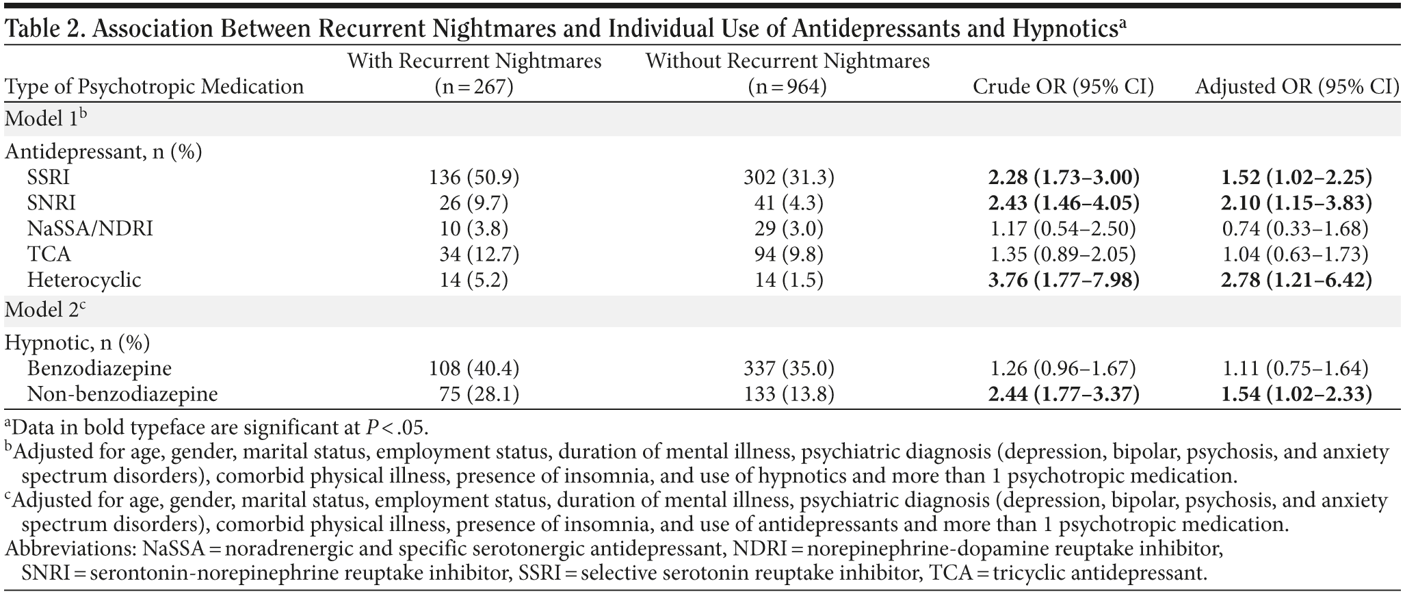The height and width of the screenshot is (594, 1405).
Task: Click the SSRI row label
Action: (x=49, y=178)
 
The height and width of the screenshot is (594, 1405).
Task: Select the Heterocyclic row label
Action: (x=84, y=280)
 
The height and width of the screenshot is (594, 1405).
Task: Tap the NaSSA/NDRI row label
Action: (x=90, y=229)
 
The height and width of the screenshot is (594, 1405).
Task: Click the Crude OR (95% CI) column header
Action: (x=1063, y=87)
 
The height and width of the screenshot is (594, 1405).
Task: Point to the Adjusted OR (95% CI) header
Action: (x=1296, y=87)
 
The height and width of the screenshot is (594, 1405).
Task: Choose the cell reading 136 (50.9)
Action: (x=474, y=178)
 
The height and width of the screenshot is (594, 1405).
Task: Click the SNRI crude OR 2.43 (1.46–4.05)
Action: (x=1063, y=203)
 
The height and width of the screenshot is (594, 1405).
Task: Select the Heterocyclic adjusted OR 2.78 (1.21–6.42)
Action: (x=1296, y=280)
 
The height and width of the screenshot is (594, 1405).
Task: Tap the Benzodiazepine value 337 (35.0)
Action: (x=789, y=369)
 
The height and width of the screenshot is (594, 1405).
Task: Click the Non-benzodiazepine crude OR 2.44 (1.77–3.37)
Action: (x=1063, y=394)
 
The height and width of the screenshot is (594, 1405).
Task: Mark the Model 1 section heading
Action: (x=45, y=118)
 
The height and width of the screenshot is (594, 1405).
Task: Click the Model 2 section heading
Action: (x=45, y=309)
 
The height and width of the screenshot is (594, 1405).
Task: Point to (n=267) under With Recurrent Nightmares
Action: (x=474, y=88)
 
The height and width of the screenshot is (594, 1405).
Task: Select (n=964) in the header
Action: (x=787, y=88)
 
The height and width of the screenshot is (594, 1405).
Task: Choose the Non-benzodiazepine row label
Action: (x=122, y=394)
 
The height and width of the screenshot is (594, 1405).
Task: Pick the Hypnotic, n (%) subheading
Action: (x=77, y=342)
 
